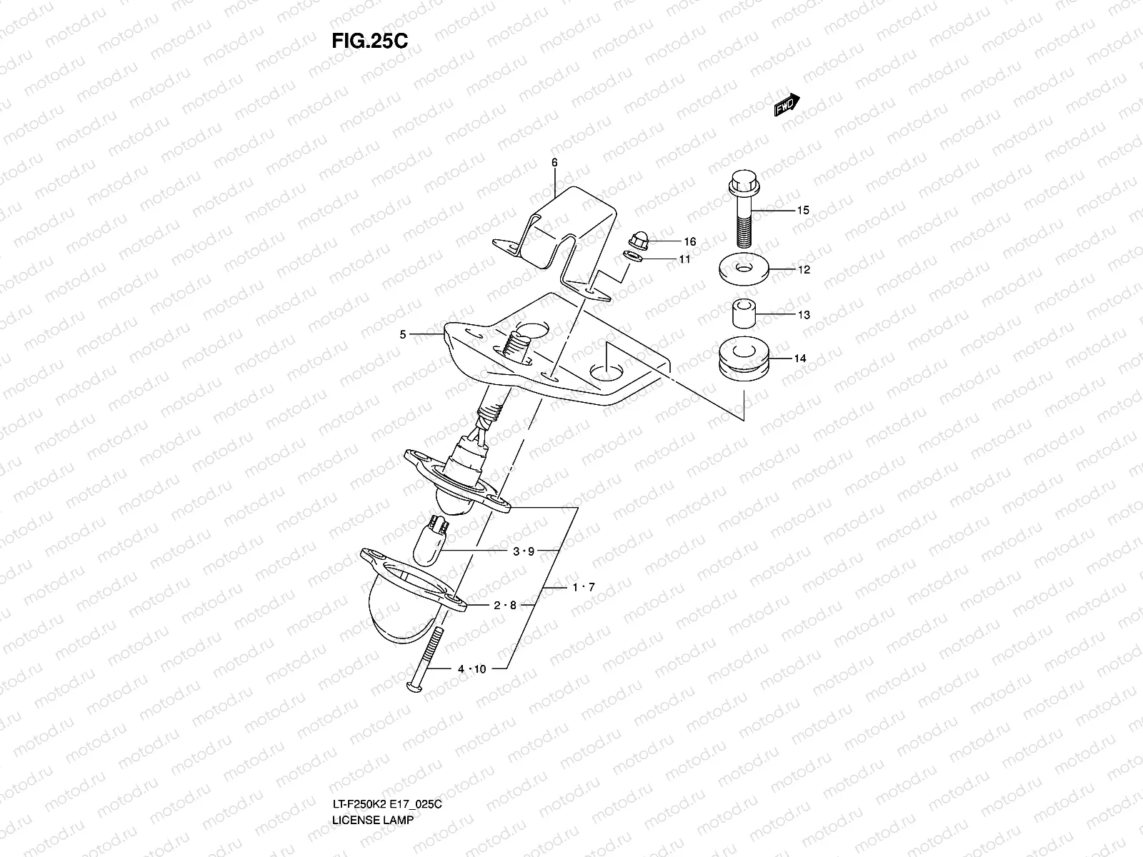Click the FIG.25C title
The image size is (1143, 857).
point(369,41)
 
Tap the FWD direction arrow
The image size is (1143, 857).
point(787,105)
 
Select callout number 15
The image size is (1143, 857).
point(803,210)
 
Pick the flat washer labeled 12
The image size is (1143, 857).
point(744,270)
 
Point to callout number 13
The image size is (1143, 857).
point(804,314)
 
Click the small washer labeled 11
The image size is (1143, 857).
point(633,256)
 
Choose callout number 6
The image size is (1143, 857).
point(554,163)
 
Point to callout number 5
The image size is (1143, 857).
point(403,334)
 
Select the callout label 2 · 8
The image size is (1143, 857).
point(504,605)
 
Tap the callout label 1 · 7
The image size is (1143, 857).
point(583,587)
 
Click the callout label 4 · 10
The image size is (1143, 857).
point(471,668)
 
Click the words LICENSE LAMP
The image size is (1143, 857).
point(372,840)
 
